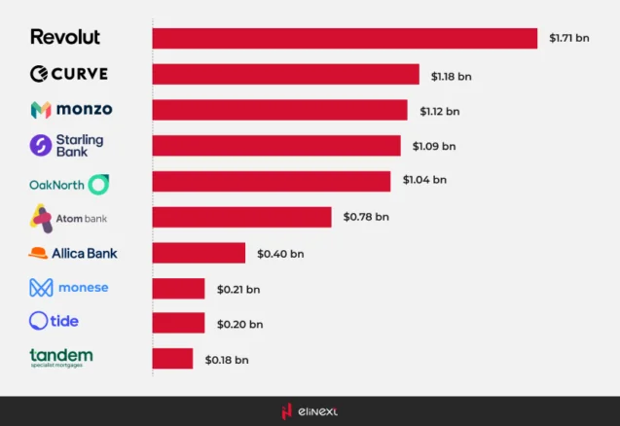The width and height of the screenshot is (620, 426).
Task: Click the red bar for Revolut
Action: [345, 38]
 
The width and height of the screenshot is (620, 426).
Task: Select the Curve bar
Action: [285, 74]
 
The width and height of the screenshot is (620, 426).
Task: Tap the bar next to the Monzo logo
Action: [279, 110]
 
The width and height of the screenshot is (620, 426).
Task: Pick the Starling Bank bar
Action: [276, 146]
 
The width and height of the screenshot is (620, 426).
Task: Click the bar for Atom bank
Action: [241, 217]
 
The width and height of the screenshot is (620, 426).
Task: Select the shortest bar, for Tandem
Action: [172, 359]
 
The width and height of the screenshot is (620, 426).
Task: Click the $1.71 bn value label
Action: [568, 38]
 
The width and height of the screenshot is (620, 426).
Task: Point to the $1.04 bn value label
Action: [425, 180]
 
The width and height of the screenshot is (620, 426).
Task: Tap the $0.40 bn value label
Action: [280, 253]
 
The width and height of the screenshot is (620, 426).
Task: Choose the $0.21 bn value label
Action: [239, 289]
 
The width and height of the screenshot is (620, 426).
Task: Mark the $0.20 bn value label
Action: [239, 324]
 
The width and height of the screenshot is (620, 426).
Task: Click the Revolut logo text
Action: [65, 37]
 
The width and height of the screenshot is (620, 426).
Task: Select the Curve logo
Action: [68, 74]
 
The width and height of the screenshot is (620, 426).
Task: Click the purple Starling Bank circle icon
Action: [41, 146]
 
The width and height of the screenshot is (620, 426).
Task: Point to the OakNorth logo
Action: [70, 183]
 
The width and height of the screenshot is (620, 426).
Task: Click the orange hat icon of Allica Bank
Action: [38, 253]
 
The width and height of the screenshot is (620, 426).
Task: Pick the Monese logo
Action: [68, 288]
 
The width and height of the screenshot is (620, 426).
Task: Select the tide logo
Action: [55, 321]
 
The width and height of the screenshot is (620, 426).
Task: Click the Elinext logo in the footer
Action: [310, 411]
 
